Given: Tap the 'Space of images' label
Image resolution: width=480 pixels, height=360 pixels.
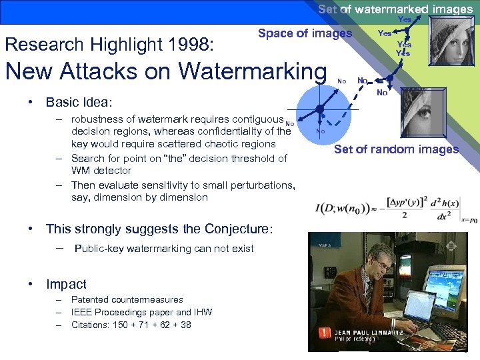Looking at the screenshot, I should pyautogui.click(x=305, y=33).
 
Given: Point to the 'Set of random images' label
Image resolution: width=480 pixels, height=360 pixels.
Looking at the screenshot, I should pyautogui.click(x=396, y=149).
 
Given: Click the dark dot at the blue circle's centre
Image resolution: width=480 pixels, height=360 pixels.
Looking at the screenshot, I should pyautogui.click(x=320, y=109).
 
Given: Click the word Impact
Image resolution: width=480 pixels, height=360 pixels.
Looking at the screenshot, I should pyautogui.click(x=66, y=284).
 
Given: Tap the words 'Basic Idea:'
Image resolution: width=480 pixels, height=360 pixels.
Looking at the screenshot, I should pyautogui.click(x=79, y=102).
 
